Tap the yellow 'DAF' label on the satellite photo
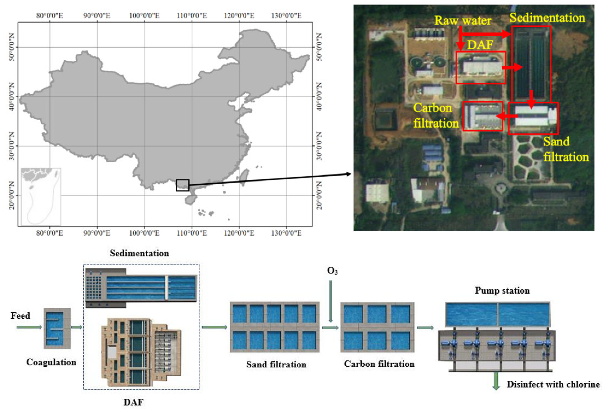coord(480,45)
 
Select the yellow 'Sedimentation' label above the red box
coord(547,18)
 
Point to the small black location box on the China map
coord(183,185)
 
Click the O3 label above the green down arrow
coord(332,271)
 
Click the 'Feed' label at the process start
coord(20,315)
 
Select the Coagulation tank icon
coord(57,328)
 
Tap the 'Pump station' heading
coord(502,290)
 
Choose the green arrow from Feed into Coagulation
coord(29,327)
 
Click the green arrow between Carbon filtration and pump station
coord(425,328)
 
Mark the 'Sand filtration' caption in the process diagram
coord(276,365)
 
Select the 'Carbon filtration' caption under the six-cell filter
coord(379,364)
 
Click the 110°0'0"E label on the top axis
coord(192,16)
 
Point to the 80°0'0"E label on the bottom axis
coord(49,233)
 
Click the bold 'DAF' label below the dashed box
coord(133,402)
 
